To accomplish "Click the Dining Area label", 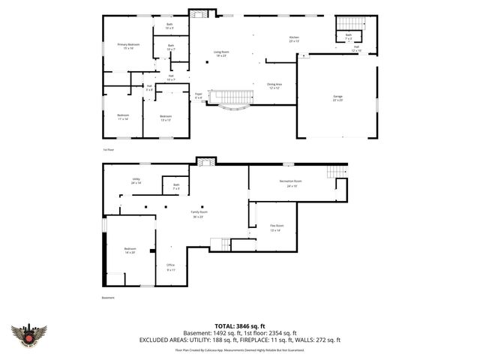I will coord(274,85).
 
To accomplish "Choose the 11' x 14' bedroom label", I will coord(122,117).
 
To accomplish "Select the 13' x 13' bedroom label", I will coord(166,117).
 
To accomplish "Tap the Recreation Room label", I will coord(290,183).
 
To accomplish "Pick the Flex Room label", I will coord(277,227).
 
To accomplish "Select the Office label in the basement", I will coord(170,267).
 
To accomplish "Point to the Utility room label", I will coord(136,181).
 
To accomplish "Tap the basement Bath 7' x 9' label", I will coord(176,186).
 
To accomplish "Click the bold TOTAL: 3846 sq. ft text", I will coord(240,326).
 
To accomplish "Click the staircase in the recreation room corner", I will coord(337,172).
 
